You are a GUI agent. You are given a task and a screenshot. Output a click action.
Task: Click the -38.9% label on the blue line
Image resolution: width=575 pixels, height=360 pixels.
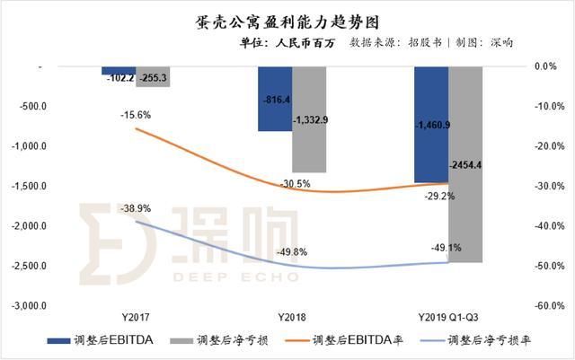click(x=135, y=208)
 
